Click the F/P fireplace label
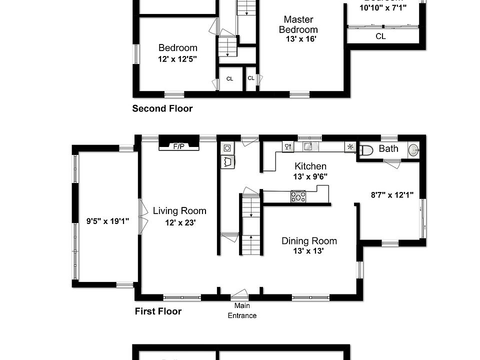(x=178, y=146)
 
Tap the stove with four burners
(x=298, y=196)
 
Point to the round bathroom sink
(x=413, y=149)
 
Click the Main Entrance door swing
(x=240, y=294)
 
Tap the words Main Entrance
(x=242, y=310)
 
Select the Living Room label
(x=179, y=211)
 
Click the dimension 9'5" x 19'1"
(x=108, y=220)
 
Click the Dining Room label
(x=309, y=241)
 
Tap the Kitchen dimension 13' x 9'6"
(x=310, y=176)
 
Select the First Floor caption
(x=158, y=311)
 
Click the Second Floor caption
(x=162, y=108)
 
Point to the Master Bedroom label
(x=298, y=24)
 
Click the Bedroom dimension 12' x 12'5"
(x=177, y=58)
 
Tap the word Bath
(x=388, y=148)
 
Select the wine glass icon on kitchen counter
(x=288, y=146)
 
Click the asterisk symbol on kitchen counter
(x=350, y=147)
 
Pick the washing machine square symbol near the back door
(x=226, y=148)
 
